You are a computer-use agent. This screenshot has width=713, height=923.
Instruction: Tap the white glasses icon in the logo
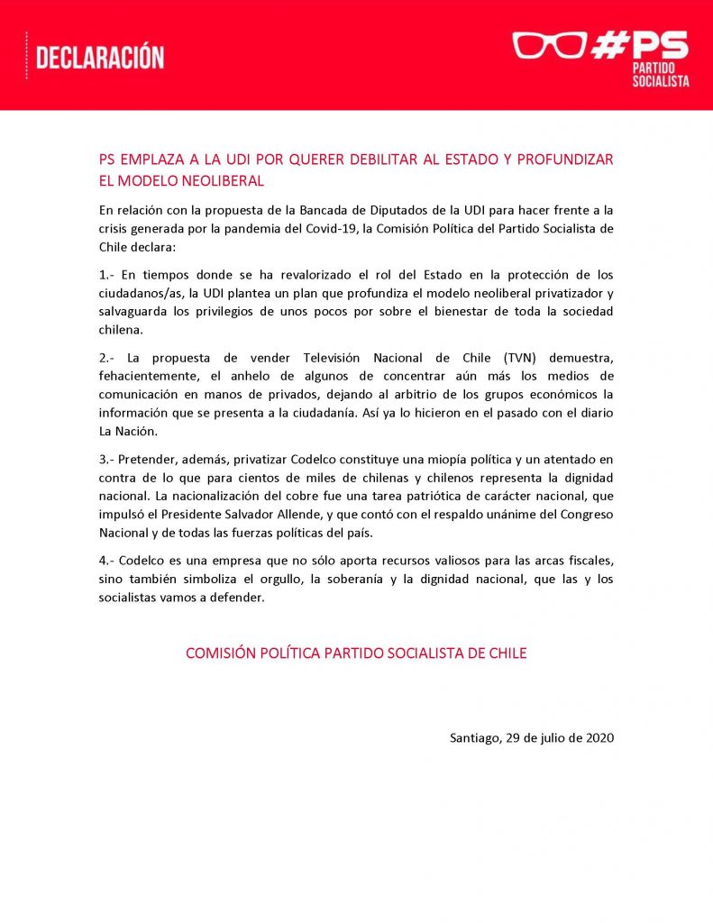(x=549, y=45)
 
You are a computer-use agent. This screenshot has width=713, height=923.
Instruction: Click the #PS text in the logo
(x=640, y=44)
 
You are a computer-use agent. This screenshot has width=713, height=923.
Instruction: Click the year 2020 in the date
(x=599, y=737)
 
